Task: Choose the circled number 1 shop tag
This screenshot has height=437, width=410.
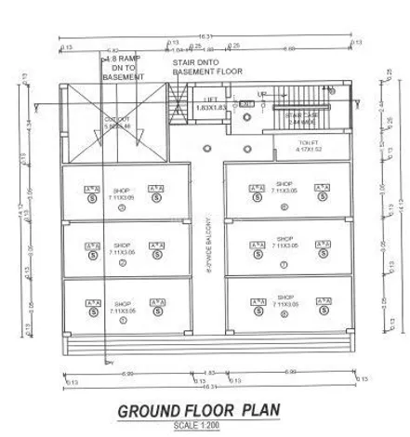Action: pyautogui.click(x=122, y=322)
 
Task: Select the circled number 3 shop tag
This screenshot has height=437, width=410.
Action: pyautogui.click(x=122, y=207)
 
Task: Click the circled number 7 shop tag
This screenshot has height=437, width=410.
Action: pyautogui.click(x=284, y=264)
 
